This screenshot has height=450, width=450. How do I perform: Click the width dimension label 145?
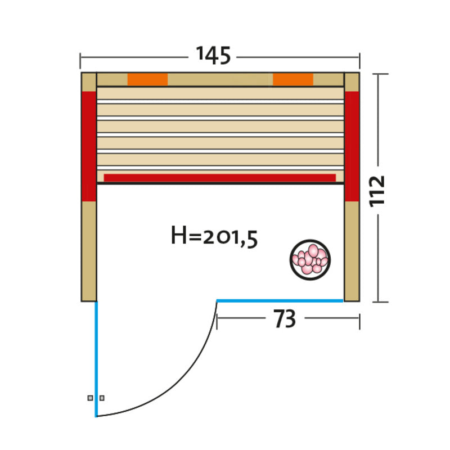(213, 55)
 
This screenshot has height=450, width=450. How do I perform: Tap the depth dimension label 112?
(376, 191)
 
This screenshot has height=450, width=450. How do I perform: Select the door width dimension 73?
(285, 319)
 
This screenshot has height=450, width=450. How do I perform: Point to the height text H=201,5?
(214, 237)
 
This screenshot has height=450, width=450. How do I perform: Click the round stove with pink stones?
(310, 260)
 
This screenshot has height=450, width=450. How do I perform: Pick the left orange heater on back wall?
(147, 79)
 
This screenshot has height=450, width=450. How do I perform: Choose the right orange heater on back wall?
(293, 79)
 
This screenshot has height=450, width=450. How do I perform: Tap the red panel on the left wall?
(89, 146)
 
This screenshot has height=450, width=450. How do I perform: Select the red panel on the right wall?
(352, 146)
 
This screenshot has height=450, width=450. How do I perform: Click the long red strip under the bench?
(220, 178)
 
